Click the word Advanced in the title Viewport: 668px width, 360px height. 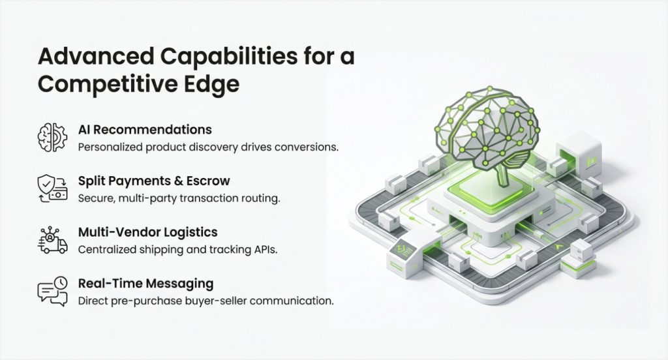pyautogui.click(x=96, y=56)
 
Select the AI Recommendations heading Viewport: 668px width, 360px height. pyautogui.click(x=145, y=130)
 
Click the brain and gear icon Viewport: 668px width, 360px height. pyautogui.click(x=52, y=137)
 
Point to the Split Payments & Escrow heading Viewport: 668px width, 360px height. pyautogui.click(x=154, y=181)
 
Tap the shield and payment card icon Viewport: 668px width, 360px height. pyautogui.click(x=52, y=188)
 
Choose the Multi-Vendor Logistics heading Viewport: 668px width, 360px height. pyautogui.click(x=148, y=232)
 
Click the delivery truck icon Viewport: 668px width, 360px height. pyautogui.click(x=52, y=240)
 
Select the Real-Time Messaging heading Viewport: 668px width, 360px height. pyautogui.click(x=145, y=283)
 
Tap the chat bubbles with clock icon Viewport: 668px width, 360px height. pyautogui.click(x=52, y=291)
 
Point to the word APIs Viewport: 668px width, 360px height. pyautogui.click(x=266, y=249)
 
